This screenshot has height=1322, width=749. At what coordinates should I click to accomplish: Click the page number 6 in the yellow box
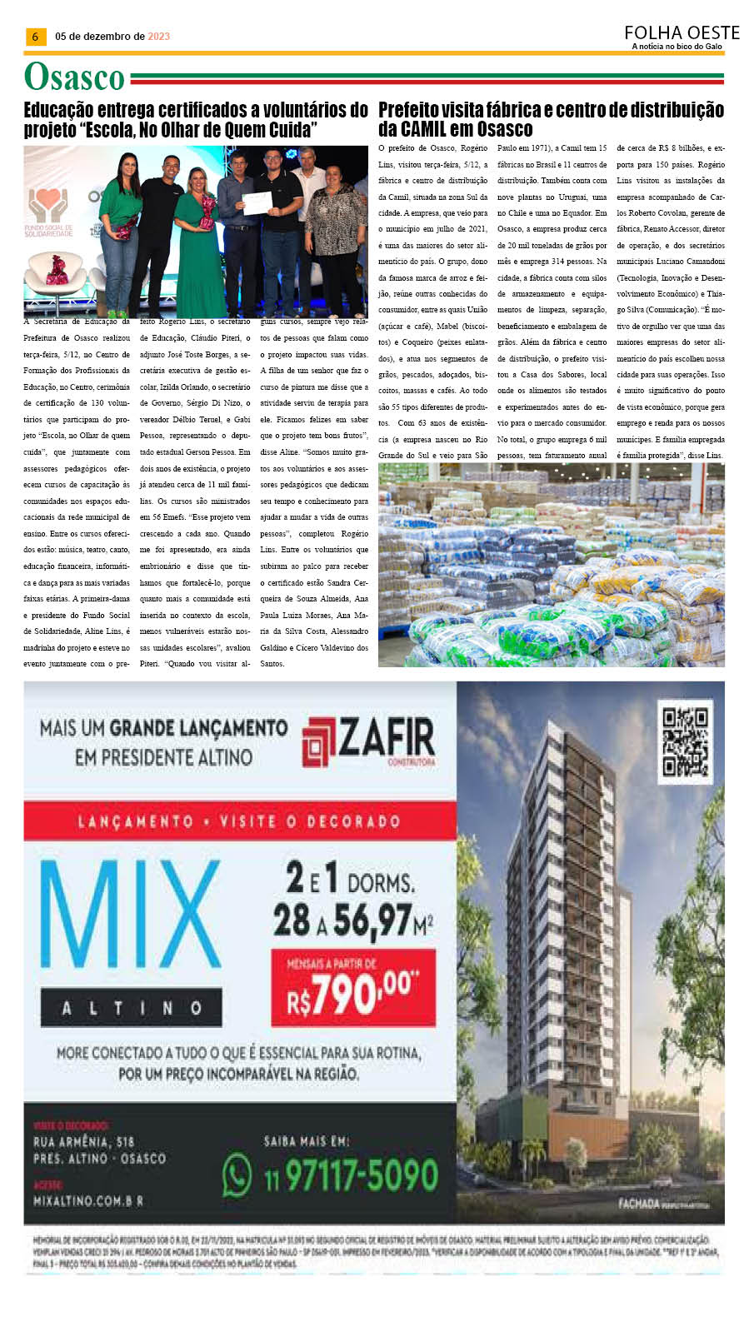(x=34, y=37)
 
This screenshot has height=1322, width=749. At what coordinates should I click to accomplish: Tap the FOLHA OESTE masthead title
(x=682, y=32)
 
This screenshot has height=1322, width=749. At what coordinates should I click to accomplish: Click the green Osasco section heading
(x=74, y=77)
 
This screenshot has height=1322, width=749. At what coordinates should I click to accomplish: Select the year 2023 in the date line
(x=158, y=37)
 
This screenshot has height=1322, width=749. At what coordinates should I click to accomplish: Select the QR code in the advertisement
(x=685, y=741)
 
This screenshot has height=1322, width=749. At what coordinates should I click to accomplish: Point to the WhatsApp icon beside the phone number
(x=237, y=1175)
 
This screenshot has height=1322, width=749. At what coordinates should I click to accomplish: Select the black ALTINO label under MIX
(x=131, y=1008)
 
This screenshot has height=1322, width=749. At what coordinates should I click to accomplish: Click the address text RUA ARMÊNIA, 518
(x=83, y=1141)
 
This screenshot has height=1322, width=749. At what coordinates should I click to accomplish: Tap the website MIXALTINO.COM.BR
(x=87, y=1200)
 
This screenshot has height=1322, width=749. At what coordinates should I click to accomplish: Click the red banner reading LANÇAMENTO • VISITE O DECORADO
(x=239, y=821)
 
